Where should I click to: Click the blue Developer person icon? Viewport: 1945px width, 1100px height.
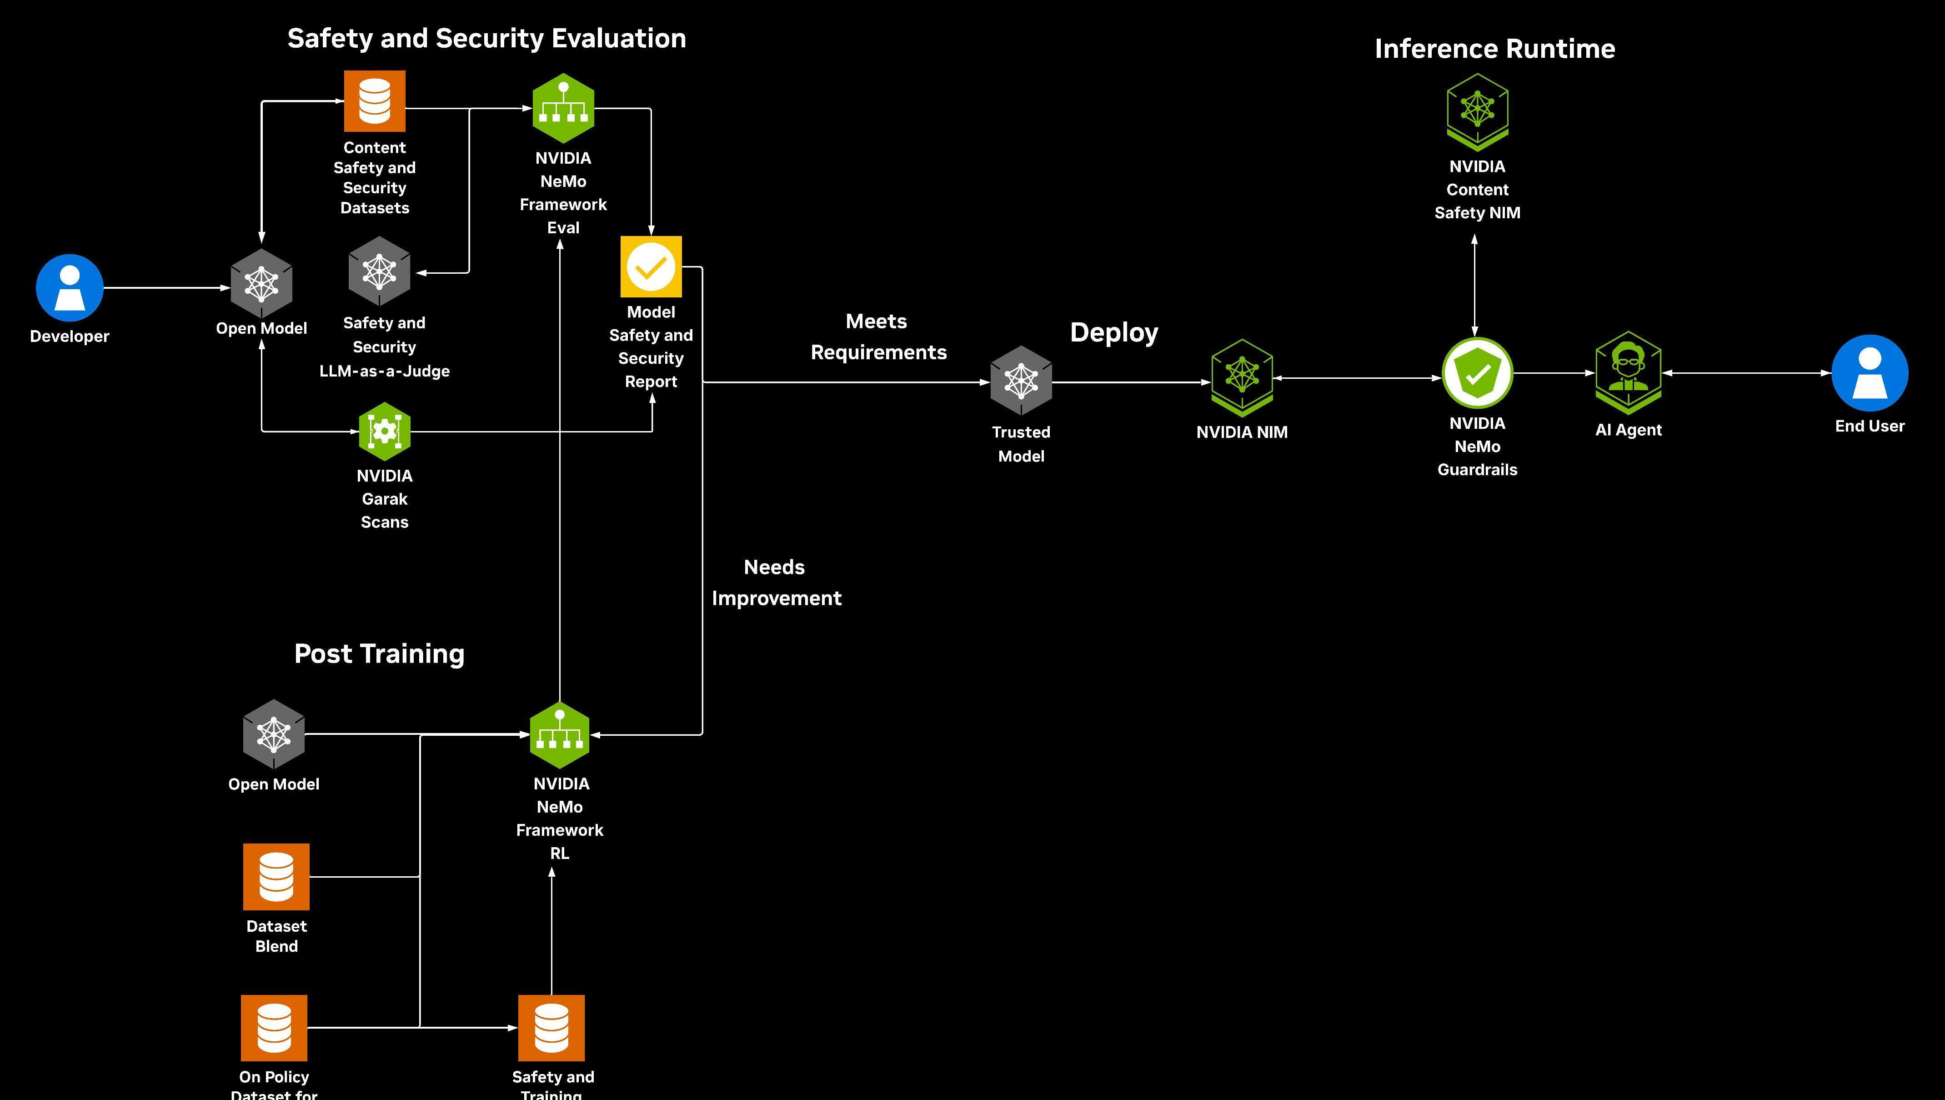(70, 288)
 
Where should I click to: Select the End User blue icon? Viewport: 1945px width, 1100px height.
(1870, 373)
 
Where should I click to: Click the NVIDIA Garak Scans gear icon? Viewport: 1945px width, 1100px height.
(385, 432)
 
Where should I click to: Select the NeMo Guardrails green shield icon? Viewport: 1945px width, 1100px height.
(1478, 373)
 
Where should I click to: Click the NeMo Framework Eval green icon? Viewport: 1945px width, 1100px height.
(563, 108)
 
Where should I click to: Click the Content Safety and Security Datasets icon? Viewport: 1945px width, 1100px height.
(375, 101)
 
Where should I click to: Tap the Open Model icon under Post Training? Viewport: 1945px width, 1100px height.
(273, 733)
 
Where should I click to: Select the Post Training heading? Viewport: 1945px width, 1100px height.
(379, 653)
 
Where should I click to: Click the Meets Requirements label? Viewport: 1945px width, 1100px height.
(877, 337)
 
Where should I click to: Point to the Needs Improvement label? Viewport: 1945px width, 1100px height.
(776, 583)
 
